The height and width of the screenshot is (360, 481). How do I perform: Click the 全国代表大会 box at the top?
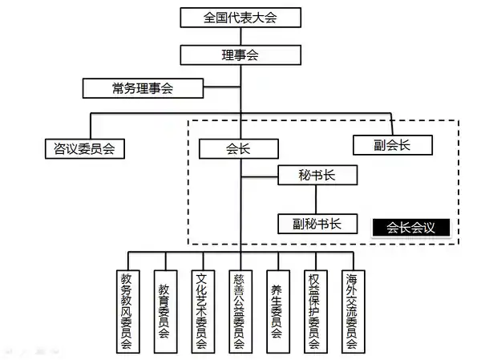point(240,16)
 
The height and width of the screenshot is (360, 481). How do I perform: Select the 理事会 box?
point(240,55)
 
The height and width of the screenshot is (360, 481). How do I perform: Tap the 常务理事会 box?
point(143,87)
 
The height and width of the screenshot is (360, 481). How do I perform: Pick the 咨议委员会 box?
point(83,148)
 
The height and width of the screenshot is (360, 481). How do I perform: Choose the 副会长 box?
point(392,144)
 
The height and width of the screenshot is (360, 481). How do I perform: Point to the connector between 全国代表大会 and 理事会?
point(240,35)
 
